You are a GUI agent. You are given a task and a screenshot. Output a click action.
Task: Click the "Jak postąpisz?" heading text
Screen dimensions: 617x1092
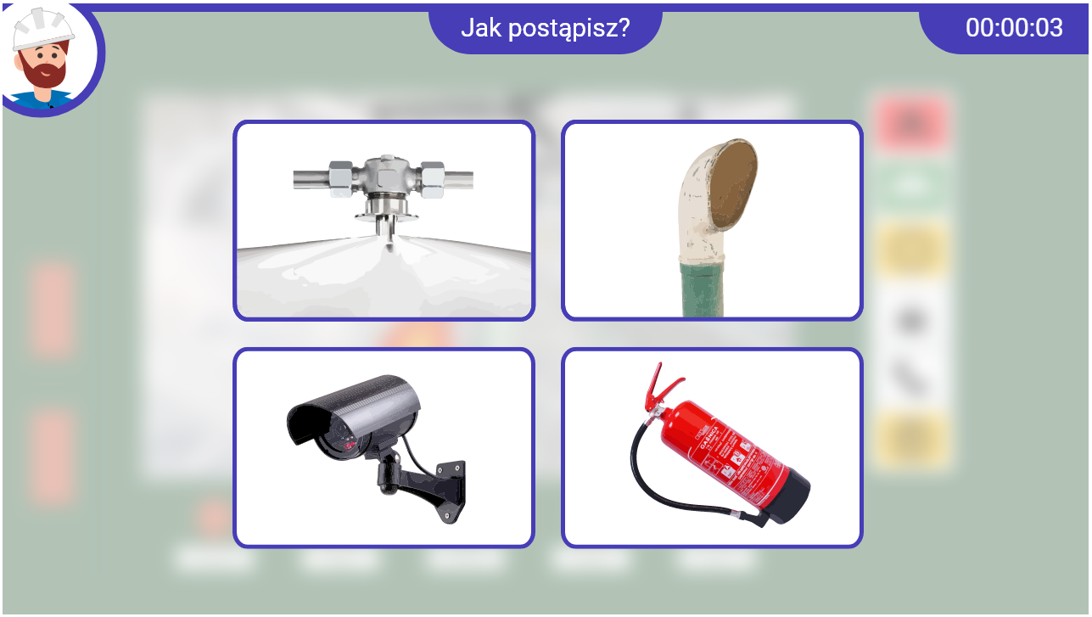545,28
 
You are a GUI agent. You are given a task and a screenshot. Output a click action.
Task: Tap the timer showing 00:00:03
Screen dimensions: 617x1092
1013,28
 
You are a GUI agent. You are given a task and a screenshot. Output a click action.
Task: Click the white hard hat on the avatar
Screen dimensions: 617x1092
42,30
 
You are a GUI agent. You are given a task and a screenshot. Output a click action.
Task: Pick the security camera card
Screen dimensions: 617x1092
384,447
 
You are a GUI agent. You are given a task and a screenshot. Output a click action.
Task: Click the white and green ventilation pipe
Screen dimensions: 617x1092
713,221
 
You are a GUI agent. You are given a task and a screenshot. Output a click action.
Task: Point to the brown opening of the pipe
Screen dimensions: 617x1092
733,183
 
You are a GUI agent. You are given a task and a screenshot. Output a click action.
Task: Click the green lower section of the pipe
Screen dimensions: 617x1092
702,289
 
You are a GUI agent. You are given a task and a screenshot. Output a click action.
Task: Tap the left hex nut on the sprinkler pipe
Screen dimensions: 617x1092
342,179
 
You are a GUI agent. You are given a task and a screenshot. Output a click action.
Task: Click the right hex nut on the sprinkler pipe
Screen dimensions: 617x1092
432,179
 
